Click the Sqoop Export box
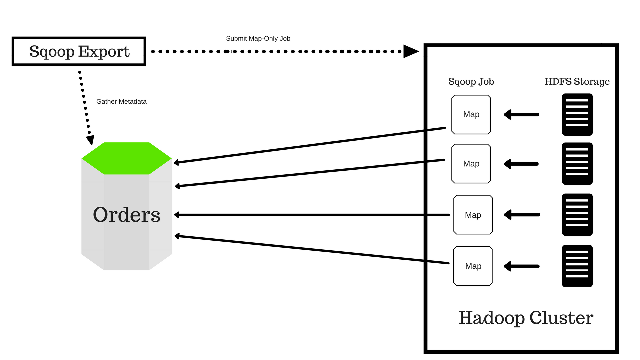pos(79,51)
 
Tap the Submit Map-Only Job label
pos(258,39)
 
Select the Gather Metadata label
pos(121,102)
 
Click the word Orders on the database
pos(126,215)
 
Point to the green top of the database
pos(126,158)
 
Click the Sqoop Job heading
pos(471,82)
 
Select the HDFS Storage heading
pos(577,82)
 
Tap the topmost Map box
pos(471,115)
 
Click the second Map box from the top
pos(471,164)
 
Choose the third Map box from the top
pos(473,215)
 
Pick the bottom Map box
pos(473,266)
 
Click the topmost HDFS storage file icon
pos(577,115)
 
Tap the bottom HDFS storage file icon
pos(577,266)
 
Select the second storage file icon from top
pos(577,164)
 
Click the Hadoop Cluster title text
pos(526,318)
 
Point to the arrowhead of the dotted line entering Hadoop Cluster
pos(411,51)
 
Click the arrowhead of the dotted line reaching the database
pos(90,140)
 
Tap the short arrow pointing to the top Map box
pos(521,115)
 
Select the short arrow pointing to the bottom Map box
pos(521,266)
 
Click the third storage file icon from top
pos(577,215)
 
